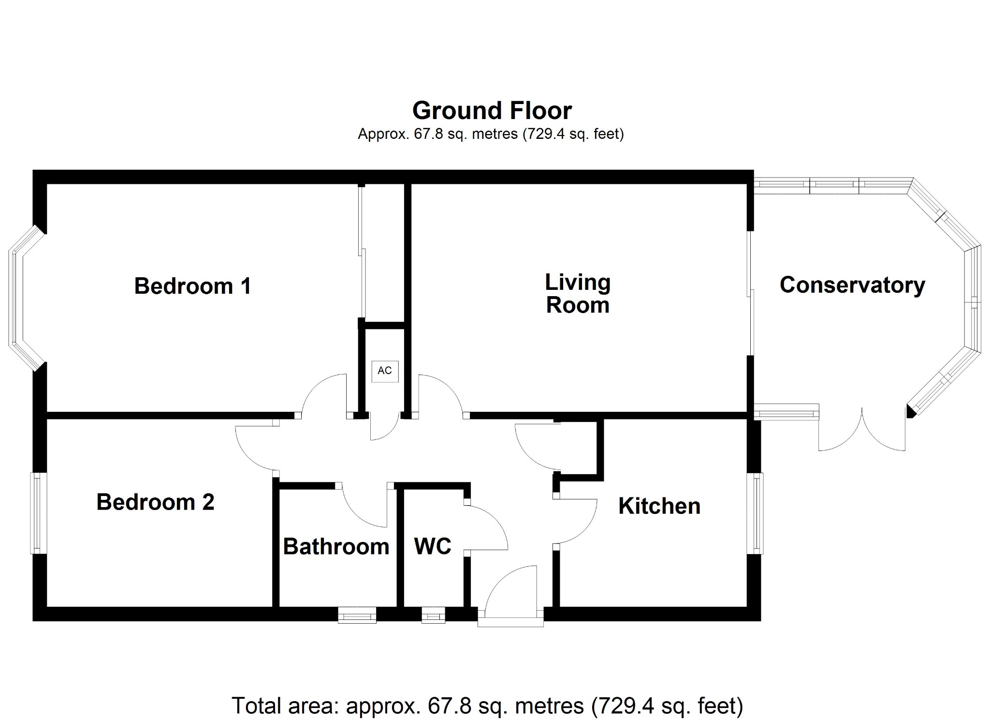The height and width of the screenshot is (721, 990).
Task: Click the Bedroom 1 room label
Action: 192,286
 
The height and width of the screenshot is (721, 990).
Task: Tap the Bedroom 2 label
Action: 155,502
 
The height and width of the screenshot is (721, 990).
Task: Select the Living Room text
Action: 578,294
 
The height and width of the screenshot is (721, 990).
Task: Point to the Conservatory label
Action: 852,285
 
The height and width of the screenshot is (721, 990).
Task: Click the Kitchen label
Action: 659,506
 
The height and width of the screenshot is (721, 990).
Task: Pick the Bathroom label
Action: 336,547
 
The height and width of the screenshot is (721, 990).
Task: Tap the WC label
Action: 433,546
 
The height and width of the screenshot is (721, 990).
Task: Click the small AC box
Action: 385,371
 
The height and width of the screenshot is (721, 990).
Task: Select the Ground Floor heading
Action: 492,110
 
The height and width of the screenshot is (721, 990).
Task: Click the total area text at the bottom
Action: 487,706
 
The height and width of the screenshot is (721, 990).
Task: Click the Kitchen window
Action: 756,513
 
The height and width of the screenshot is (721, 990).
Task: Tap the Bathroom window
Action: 357,615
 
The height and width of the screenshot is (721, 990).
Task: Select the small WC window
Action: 433,615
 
